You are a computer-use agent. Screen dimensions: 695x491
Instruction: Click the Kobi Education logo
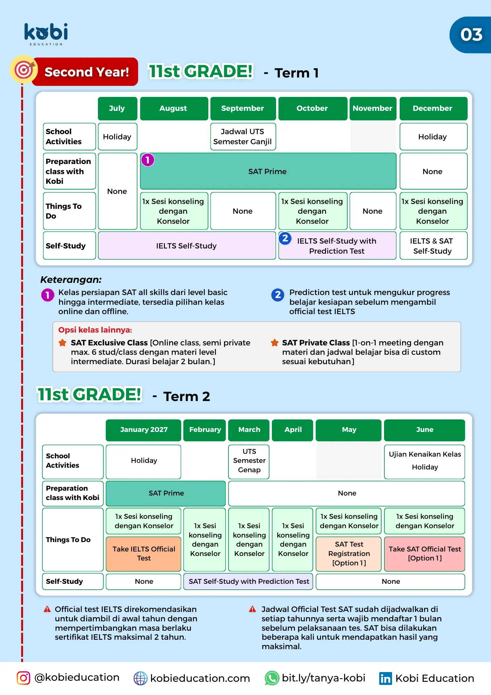coord(46,34)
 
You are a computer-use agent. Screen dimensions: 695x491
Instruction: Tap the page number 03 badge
coord(471,35)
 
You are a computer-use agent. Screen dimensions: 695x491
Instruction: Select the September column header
coord(243,108)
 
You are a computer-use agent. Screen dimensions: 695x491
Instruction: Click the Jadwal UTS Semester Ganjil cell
coord(243,137)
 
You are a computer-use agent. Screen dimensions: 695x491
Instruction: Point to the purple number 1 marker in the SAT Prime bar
coord(148,160)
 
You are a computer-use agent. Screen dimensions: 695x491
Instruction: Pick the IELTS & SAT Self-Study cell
coord(433,246)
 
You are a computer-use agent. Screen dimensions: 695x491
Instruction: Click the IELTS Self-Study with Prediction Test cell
coord(337,246)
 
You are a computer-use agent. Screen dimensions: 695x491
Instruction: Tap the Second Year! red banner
coord(86,72)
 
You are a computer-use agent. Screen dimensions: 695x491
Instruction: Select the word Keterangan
coord(71,279)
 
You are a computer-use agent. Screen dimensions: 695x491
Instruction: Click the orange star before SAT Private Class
coord(275,343)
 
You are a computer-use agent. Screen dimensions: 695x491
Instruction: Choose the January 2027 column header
coord(144,430)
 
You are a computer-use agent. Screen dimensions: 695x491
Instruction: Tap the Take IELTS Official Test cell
coord(144,554)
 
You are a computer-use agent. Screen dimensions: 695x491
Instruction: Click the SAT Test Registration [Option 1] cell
coord(349,554)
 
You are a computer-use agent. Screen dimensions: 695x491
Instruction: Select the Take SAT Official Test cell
coord(425,554)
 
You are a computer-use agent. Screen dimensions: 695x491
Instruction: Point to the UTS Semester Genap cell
coord(249,461)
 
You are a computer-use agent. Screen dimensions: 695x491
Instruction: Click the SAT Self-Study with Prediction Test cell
coord(249,581)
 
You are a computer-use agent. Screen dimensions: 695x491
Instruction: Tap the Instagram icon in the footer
coord(24,678)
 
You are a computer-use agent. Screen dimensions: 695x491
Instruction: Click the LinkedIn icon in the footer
coord(385,678)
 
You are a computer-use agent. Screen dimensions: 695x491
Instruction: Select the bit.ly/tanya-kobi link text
coord(323,678)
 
